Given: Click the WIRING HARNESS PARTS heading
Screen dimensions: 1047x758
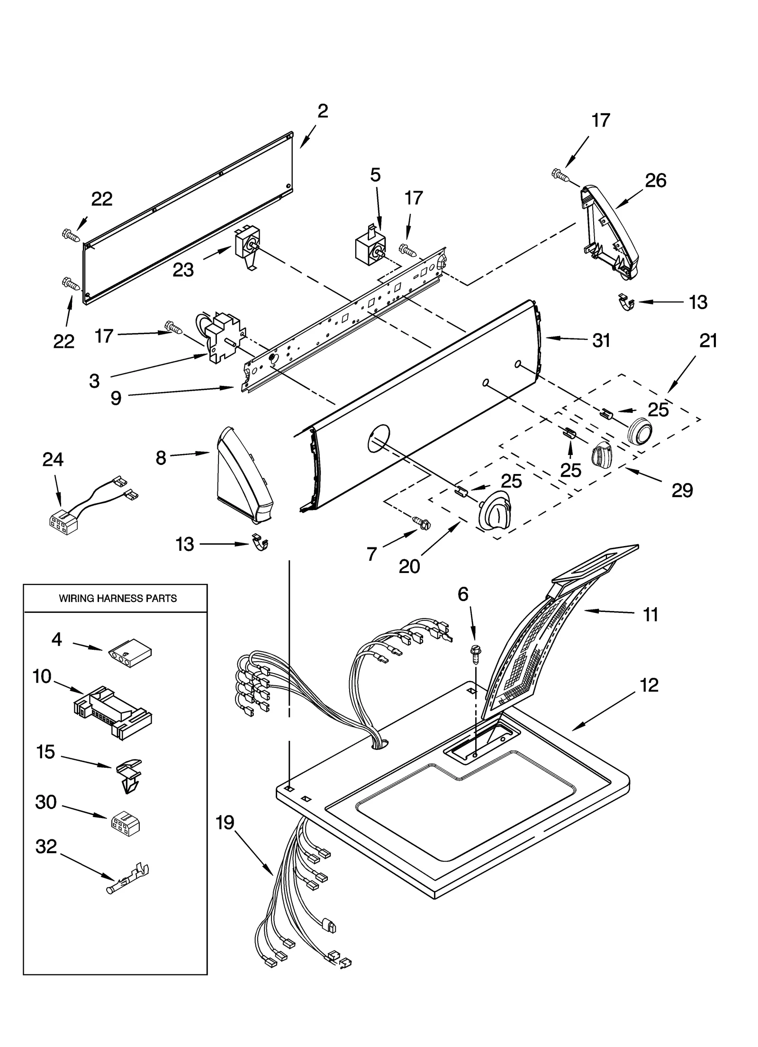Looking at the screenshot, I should click(x=117, y=598).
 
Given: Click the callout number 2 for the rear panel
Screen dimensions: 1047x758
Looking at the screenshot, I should click(x=322, y=111).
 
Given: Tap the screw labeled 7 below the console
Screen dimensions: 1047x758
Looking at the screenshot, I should click(x=424, y=522).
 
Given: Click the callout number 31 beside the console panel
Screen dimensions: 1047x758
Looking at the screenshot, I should click(x=601, y=341).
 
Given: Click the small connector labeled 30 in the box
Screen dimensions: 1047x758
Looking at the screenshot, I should click(x=125, y=824).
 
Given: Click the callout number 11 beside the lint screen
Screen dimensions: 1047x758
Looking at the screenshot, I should click(x=650, y=615).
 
